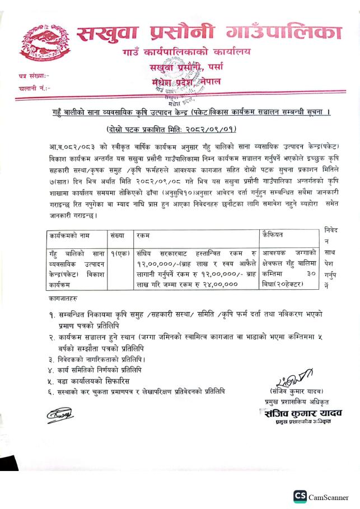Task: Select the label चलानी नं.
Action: tap(34, 88)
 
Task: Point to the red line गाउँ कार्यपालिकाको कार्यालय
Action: tap(186, 53)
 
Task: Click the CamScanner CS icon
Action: tap(300, 496)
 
